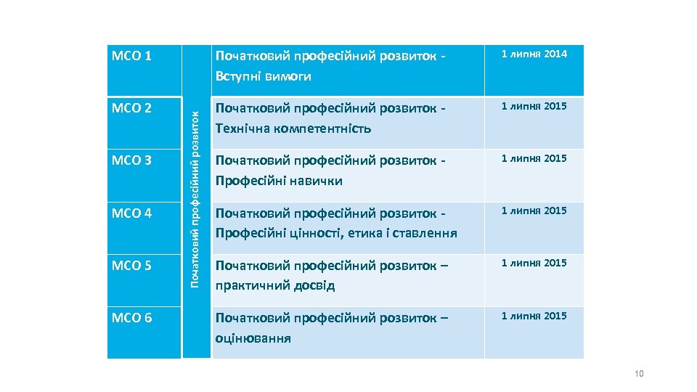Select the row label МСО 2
coord(131,109)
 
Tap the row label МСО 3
coord(131,160)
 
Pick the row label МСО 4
coord(131,213)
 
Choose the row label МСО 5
coord(131,266)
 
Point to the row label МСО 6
coord(131,318)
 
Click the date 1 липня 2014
coord(534,54)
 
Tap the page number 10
coord(639,374)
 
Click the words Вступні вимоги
coord(263,76)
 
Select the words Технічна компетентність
coord(293,128)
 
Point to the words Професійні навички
coord(278,181)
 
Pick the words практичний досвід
coord(274,285)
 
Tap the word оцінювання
coord(253,338)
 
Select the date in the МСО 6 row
coord(534,316)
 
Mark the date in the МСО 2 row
coord(534,106)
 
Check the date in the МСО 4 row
coord(534,211)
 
